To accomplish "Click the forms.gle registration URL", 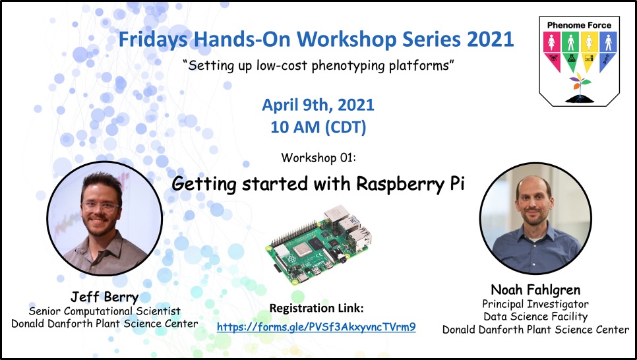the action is [x=316, y=327].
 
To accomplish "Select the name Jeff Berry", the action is [x=104, y=297].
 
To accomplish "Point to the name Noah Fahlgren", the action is [x=535, y=289].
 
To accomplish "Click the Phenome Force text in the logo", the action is [x=579, y=25].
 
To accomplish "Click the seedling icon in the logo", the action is [x=580, y=88].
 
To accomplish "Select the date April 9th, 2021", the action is [x=318, y=105].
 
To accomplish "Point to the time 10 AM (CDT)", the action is [x=318, y=127].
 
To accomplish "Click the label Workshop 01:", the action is [x=318, y=158].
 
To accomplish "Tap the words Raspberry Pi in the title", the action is [x=410, y=185].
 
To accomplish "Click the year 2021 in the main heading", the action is [x=491, y=39].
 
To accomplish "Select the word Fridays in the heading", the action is [x=153, y=40].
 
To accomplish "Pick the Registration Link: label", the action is [x=317, y=308].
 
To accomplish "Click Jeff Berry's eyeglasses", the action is [x=100, y=207].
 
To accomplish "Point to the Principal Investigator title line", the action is [x=535, y=304].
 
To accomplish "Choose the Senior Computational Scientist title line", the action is [x=104, y=311].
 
